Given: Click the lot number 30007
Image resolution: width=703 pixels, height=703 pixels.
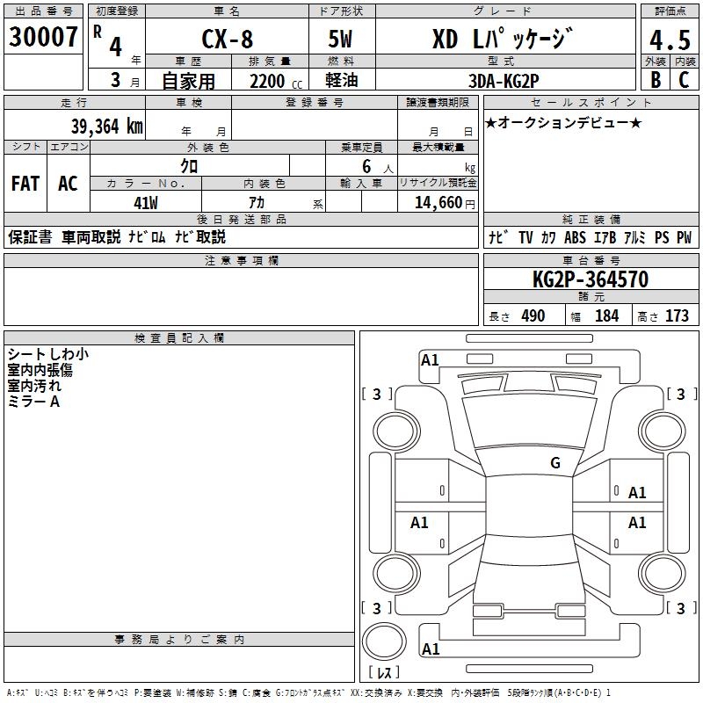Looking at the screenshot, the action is [43, 37].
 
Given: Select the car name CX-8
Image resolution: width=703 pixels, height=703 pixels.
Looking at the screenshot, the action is [226, 40].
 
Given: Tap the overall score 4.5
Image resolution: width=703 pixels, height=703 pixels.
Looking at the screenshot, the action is [668, 40].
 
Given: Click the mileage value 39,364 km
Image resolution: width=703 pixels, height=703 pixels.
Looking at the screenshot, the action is [107, 126].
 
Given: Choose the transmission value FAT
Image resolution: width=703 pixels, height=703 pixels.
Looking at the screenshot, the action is [25, 184].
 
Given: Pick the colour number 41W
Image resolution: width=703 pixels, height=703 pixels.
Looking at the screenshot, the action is [145, 203].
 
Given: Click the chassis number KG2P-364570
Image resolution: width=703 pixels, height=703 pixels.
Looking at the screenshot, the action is [590, 279].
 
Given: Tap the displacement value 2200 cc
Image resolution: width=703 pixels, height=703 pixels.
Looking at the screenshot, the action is [272, 81].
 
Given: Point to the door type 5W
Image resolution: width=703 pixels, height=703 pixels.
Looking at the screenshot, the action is [341, 40].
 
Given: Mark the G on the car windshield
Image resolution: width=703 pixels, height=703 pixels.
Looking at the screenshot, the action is [554, 463].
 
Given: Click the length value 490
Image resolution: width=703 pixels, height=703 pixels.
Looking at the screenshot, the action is [533, 315].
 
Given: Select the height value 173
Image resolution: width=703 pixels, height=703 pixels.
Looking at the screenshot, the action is [677, 315].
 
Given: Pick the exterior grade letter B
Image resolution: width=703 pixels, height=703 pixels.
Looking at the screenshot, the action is [655, 79].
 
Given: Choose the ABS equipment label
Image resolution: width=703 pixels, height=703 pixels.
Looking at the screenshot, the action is [576, 237].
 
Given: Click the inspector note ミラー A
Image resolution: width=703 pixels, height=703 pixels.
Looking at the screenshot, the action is [33, 402].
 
